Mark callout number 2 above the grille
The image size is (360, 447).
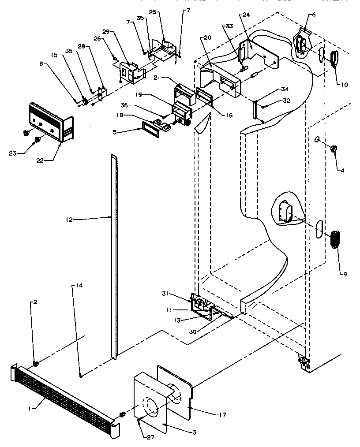(34, 302)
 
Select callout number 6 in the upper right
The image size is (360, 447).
(313, 15)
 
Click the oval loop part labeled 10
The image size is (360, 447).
(335, 59)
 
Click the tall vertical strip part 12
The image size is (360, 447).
(114, 256)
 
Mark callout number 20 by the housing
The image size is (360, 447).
(207, 38)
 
